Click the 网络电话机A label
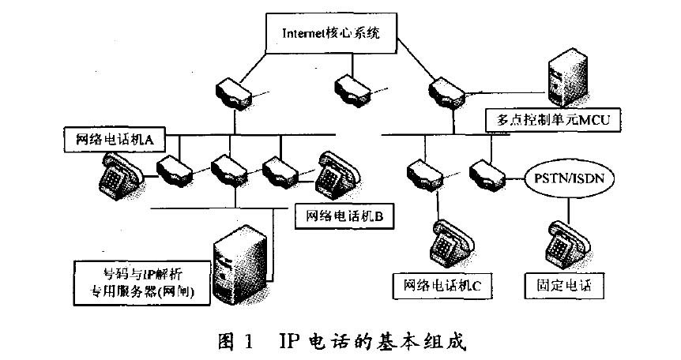tap(112, 140)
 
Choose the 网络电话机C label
tap(442, 284)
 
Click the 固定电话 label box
tap(562, 284)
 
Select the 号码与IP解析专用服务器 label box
tap(141, 282)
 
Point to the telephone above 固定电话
tap(564, 242)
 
